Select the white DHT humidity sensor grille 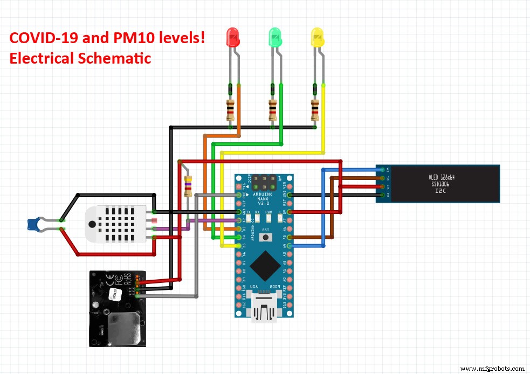coord(116,224)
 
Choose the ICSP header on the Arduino coord(264,179)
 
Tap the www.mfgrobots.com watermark coord(493,369)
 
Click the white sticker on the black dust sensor coord(114,293)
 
